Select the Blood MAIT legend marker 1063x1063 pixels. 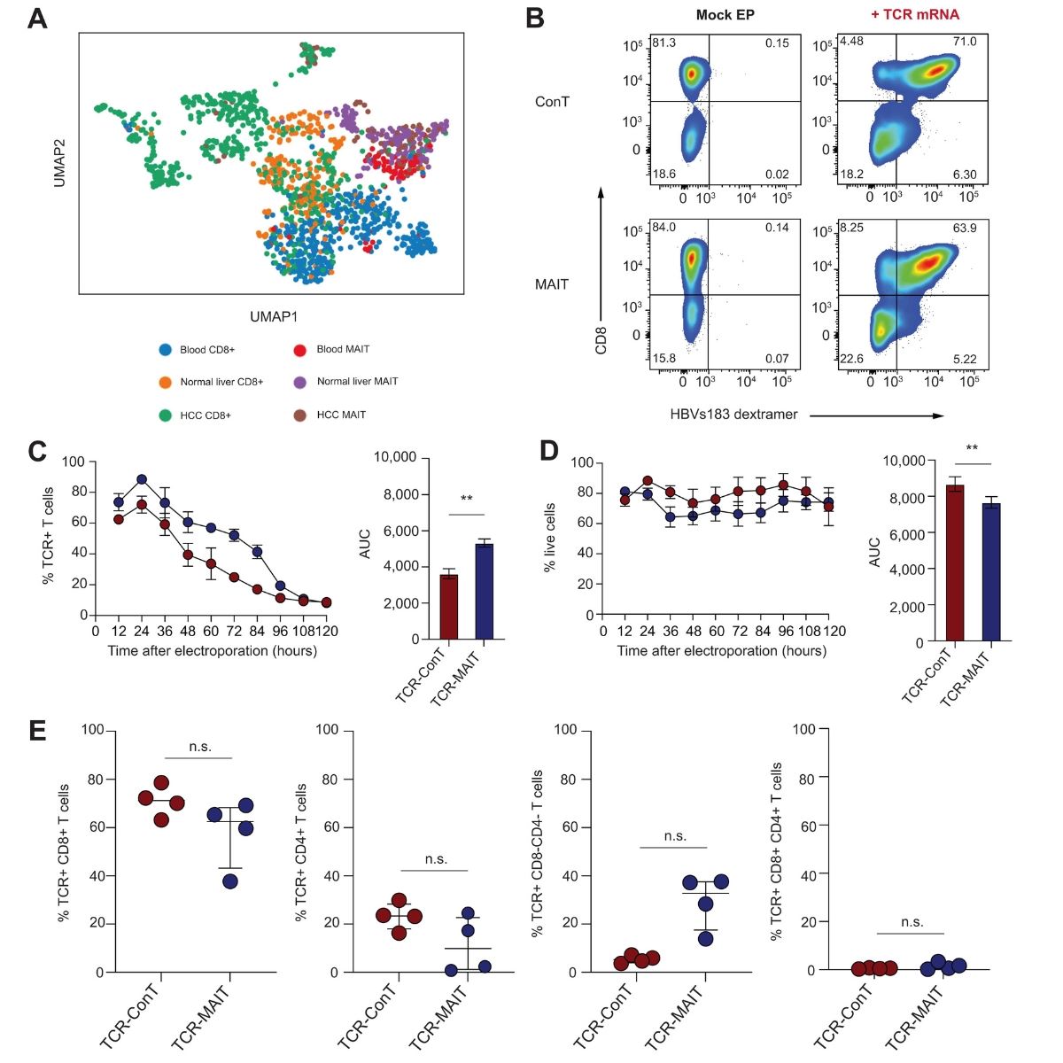300,349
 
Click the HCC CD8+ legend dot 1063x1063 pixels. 164,415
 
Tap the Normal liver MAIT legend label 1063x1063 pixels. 357,382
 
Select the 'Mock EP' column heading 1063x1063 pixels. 725,14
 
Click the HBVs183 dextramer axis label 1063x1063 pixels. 733,414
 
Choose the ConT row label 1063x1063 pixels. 552,101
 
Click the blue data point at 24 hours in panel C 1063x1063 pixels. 141,479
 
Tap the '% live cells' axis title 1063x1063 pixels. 550,538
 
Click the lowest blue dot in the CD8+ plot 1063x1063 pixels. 230,881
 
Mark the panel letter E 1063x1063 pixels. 37,731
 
